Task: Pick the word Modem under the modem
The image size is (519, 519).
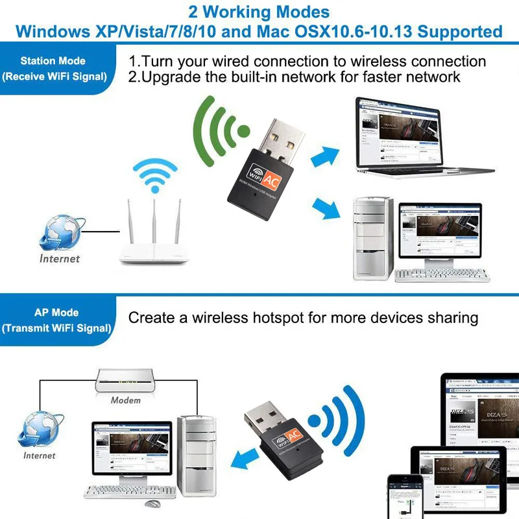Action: coord(126,400)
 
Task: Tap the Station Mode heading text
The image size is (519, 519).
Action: coord(53,61)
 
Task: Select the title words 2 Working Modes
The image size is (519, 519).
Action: coord(259,12)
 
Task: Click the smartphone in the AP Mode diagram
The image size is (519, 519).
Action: coord(405,497)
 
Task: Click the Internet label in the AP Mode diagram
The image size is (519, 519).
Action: coord(40,455)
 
